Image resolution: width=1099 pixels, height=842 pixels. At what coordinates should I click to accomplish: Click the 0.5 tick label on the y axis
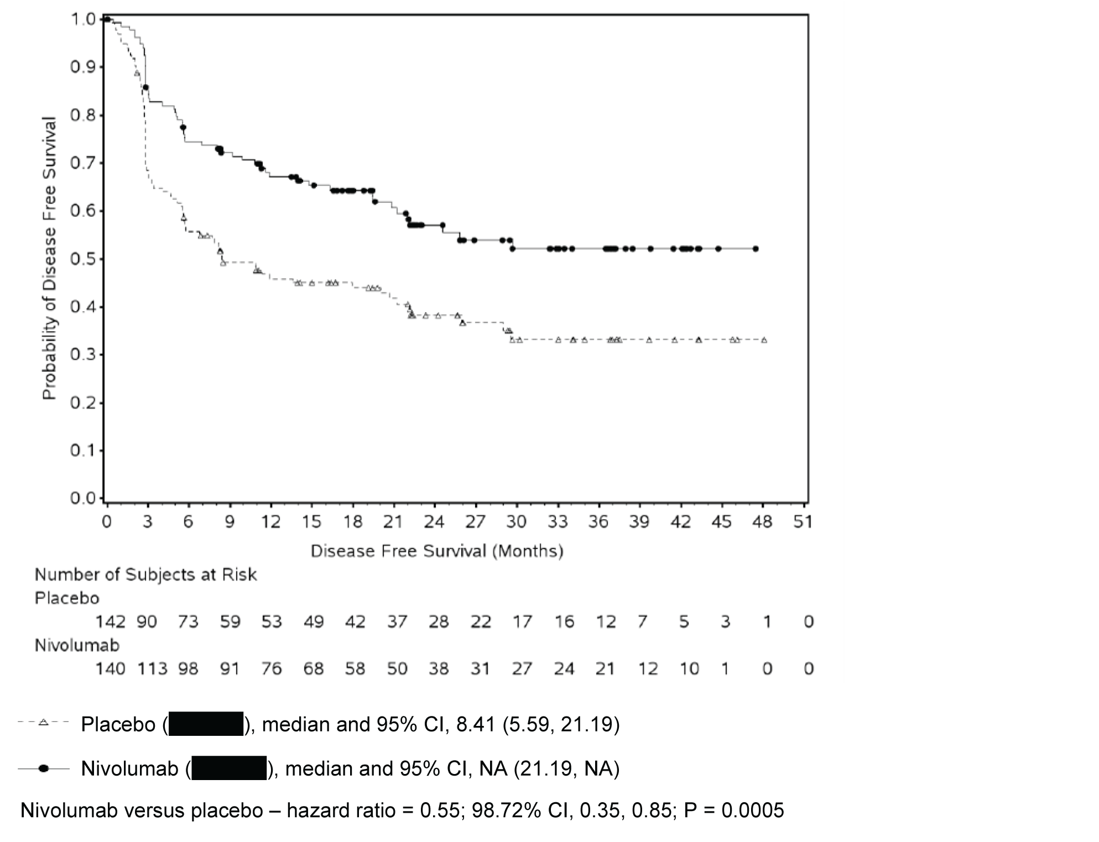tap(82, 259)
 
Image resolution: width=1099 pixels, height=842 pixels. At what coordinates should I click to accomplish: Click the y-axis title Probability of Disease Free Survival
tap(50, 258)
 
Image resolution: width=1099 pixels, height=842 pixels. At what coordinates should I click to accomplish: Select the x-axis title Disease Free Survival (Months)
tap(437, 551)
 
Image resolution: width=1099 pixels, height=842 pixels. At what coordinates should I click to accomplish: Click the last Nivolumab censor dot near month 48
tap(756, 249)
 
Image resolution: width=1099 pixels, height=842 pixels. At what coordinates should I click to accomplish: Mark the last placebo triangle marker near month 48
tap(764, 340)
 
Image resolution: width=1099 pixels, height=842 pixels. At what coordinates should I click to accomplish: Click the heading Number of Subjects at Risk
tap(145, 575)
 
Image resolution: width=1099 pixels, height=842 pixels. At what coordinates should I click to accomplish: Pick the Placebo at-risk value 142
tap(110, 622)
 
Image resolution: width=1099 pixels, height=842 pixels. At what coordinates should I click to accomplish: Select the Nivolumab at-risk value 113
tap(152, 669)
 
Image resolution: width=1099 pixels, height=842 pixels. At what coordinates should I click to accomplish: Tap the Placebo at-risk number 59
tap(230, 622)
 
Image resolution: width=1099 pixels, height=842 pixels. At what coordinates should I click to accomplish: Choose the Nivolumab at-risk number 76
tap(272, 669)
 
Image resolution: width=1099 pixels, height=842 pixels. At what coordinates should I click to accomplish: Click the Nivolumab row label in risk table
tap(77, 645)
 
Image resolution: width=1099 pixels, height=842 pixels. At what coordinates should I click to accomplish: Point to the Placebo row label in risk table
tap(67, 598)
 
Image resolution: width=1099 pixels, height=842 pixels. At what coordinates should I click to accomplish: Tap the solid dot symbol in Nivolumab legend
tap(44, 768)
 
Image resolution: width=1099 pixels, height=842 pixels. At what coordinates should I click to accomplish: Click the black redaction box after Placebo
tap(206, 724)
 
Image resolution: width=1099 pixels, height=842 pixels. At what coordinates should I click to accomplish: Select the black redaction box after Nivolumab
tap(229, 768)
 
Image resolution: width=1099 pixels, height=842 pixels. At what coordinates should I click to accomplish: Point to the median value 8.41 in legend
tap(475, 724)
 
